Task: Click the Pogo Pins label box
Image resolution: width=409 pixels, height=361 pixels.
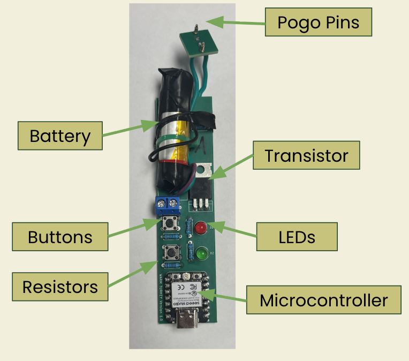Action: [318, 22]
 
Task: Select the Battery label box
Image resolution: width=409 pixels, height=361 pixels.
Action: [60, 136]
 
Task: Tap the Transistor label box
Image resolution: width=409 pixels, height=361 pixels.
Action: [306, 156]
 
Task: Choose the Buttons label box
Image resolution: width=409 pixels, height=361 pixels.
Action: [60, 236]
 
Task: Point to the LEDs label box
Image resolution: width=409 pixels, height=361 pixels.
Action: [297, 236]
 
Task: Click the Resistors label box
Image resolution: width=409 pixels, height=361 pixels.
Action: [60, 287]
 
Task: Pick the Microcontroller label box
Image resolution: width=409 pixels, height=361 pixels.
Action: [323, 300]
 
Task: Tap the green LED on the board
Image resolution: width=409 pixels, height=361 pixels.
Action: [201, 252]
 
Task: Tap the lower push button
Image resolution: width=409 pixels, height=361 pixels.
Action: [172, 251]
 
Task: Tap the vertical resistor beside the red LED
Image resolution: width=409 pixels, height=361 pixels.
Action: [188, 229]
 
